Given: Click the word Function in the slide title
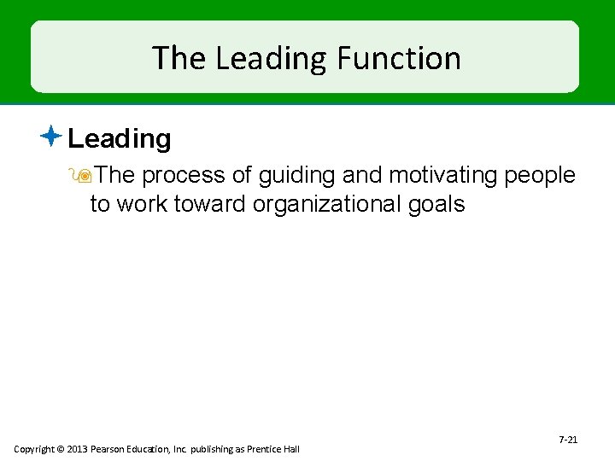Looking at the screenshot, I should [x=399, y=58].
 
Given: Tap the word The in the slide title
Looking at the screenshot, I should [x=180, y=58].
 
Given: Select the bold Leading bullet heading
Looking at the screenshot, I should [x=120, y=138].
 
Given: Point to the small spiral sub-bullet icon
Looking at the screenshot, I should [x=84, y=176].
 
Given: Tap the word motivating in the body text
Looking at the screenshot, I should [x=443, y=175].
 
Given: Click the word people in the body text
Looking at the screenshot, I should [x=541, y=175].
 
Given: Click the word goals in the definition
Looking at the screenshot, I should [x=436, y=204].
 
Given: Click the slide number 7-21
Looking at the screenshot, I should [x=568, y=440].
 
